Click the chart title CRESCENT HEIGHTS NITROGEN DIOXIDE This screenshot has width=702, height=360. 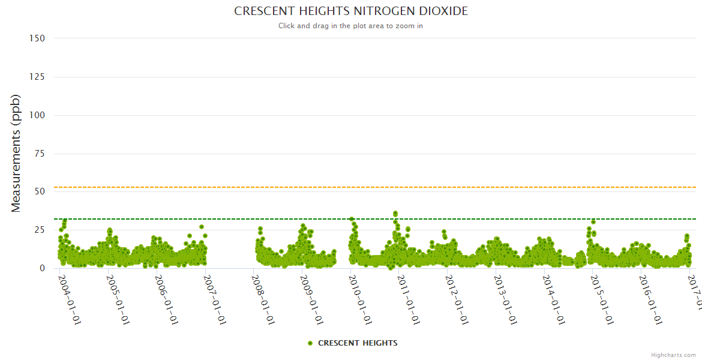click(350, 11)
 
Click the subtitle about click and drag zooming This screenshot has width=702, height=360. click(350, 26)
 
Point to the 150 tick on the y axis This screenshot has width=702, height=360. click(37, 38)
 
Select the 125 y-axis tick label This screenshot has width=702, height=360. click(37, 77)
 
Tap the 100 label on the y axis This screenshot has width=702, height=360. click(37, 115)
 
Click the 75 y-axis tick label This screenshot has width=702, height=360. click(40, 154)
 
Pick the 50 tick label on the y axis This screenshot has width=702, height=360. click(40, 192)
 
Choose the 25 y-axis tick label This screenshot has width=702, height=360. click(40, 230)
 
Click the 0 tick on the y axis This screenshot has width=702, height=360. click(42, 268)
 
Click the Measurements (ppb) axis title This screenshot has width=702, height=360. click(16, 153)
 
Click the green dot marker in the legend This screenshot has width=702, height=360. click(310, 343)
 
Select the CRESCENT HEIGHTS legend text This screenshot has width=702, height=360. click(358, 343)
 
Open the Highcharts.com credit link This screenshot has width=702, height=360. click(673, 355)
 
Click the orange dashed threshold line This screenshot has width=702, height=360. click(420, 187)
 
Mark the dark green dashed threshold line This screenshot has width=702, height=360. click(420, 219)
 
